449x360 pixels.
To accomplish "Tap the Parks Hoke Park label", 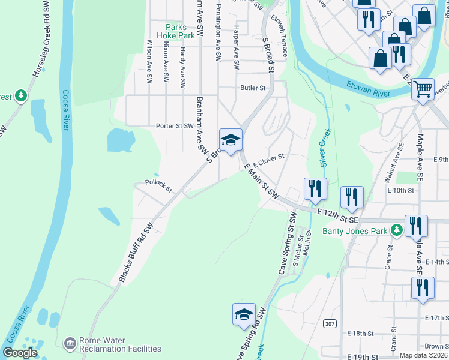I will (x=176, y=31).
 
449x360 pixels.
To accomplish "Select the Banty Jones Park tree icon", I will (x=396, y=230).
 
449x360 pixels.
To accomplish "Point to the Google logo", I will (x=20, y=353).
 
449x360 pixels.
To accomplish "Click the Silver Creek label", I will (x=325, y=148).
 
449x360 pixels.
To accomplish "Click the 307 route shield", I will (x=330, y=323).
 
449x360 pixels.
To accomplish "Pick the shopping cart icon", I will (x=423, y=89).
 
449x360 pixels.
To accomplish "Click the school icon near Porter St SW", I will (x=231, y=139).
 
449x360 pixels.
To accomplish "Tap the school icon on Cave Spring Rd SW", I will (x=244, y=314).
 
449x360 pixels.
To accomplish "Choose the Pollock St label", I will (x=158, y=185).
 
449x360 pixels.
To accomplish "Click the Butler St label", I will (x=253, y=88).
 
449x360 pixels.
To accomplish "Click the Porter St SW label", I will (x=175, y=126).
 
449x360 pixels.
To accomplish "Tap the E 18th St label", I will (x=360, y=333).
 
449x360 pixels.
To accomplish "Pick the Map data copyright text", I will (x=424, y=355).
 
